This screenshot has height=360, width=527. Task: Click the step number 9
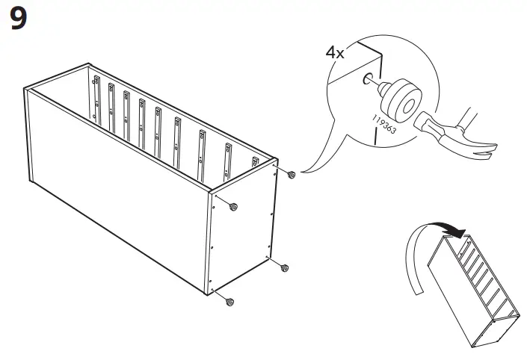pyautogui.click(x=18, y=19)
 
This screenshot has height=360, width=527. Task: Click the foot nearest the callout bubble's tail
pyautogui.click(x=292, y=175)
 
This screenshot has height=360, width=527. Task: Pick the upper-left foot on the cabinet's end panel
pyautogui.click(x=234, y=206)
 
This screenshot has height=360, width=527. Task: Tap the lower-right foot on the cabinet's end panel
pyautogui.click(x=284, y=267)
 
